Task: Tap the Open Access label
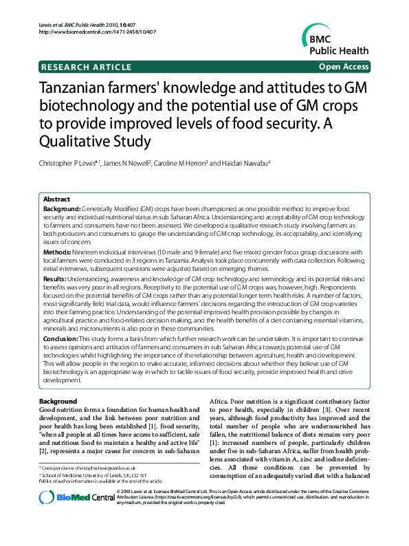(x=344, y=67)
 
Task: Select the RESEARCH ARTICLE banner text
(x=87, y=67)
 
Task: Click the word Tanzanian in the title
(x=82, y=89)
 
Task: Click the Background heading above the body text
(x=58, y=401)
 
